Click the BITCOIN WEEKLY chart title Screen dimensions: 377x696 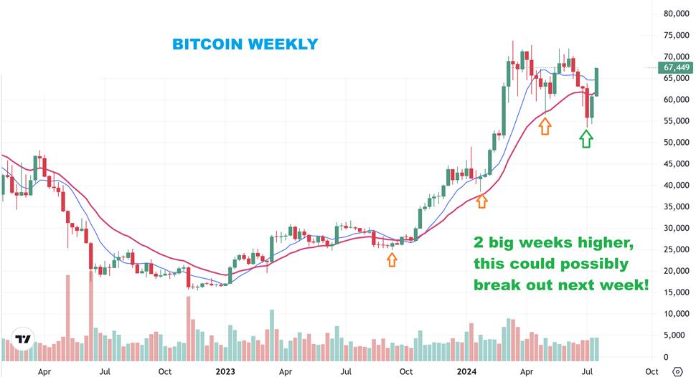coord(245,44)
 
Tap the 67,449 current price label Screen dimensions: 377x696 coord(676,67)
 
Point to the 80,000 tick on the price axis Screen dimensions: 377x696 coord(677,14)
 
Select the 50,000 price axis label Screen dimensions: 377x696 coord(677,143)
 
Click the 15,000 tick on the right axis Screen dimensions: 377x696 coord(677,292)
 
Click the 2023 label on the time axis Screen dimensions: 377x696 coord(225,371)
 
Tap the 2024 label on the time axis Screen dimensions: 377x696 coord(467,371)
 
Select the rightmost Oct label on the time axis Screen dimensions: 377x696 coord(652,371)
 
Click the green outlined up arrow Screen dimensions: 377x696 coord(586,138)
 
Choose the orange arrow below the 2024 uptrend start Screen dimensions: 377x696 coord(481,201)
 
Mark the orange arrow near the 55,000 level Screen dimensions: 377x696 coord(545,127)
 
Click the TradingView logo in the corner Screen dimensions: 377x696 coord(24,340)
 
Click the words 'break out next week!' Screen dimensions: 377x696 coord(560,285)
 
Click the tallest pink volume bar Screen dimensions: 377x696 coord(91,313)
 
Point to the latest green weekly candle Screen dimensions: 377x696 coord(597,82)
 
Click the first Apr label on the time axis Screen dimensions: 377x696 coord(44,371)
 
